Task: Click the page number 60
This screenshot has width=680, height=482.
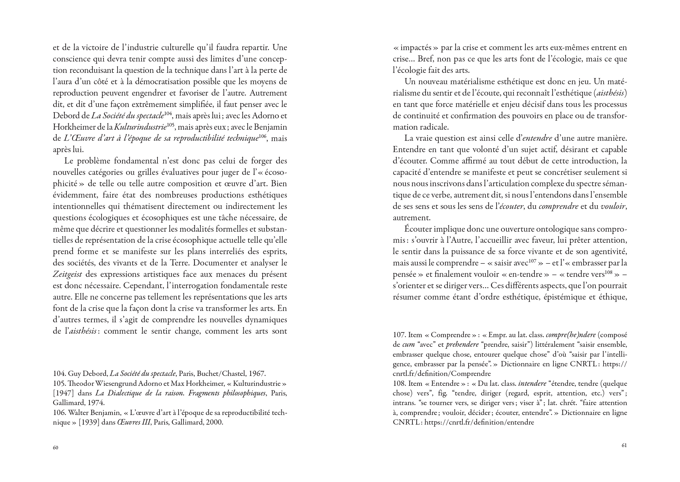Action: (55, 448)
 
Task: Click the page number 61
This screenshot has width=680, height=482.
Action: (624, 445)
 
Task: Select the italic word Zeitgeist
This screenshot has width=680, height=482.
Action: (67, 274)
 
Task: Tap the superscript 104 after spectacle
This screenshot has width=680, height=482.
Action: (168, 113)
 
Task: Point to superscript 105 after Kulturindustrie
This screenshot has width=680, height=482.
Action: (170, 125)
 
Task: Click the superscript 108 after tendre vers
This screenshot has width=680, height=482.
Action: (609, 272)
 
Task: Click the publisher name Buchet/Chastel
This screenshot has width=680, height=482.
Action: (221, 374)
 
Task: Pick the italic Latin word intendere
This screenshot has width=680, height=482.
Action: (532, 384)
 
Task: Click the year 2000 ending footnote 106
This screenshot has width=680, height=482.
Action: (213, 422)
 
